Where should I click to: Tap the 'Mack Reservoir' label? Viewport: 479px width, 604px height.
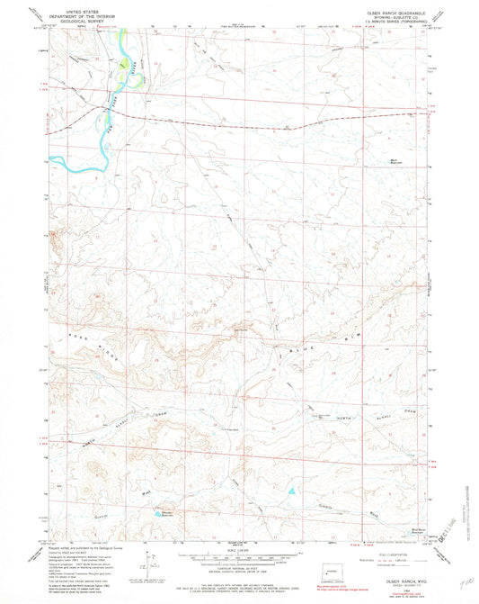coord(395,161)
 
